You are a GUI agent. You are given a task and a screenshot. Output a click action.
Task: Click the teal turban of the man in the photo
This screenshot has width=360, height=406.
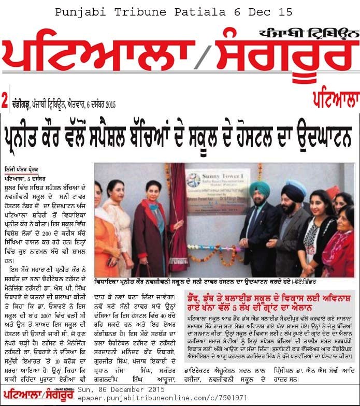pyautogui.click(x=259, y=187)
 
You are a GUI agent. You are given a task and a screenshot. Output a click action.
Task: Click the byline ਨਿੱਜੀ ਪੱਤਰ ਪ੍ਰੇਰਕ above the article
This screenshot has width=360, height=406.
pyautogui.click(x=24, y=170)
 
